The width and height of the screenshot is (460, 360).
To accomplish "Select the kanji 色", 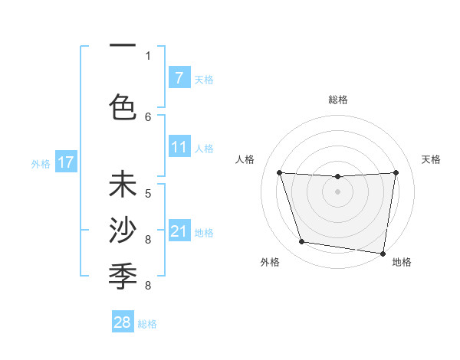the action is click(x=123, y=106).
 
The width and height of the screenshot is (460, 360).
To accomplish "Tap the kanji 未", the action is click(x=123, y=186).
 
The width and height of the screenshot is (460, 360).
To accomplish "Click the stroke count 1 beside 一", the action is click(x=148, y=56).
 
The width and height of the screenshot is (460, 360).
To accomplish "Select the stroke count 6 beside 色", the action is click(x=148, y=116).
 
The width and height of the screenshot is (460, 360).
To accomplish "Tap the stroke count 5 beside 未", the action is click(x=148, y=194).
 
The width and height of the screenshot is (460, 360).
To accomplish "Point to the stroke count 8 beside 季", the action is click(x=148, y=286).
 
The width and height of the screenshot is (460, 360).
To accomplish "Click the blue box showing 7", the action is click(x=179, y=78).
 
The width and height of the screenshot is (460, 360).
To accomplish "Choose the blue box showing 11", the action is click(x=179, y=147).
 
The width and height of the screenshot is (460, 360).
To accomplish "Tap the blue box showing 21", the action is click(x=179, y=231).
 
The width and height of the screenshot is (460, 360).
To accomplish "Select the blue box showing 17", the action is click(x=65, y=162).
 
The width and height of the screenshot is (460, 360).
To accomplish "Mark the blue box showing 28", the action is click(x=123, y=322).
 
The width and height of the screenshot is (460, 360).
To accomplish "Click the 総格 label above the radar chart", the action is click(x=338, y=100).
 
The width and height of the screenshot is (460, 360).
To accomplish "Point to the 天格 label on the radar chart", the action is click(x=431, y=159).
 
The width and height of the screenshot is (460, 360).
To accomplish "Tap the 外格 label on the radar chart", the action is click(x=270, y=262).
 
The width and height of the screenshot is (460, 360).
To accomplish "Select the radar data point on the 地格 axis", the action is click(x=383, y=253).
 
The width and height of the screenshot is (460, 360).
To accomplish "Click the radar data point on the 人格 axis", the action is click(x=279, y=173).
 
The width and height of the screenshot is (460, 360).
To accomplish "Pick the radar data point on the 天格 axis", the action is click(x=396, y=173).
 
